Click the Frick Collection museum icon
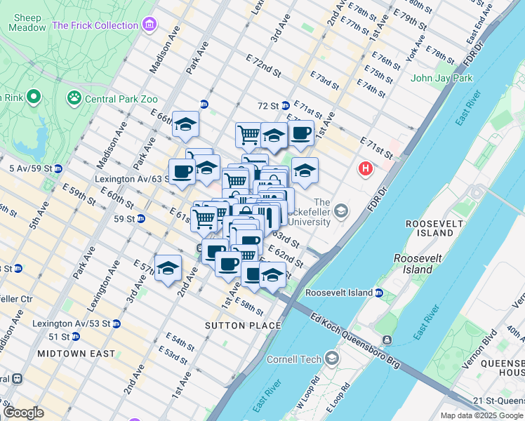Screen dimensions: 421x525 coord(148,26)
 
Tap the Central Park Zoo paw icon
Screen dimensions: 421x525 coord(74,98)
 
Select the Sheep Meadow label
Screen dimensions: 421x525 coord(27,22)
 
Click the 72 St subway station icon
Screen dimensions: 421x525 coord(286,106)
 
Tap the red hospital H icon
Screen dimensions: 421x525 coord(365,168)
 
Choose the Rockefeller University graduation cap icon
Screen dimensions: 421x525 coord(340,210)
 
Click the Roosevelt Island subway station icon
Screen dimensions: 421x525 coord(378,292)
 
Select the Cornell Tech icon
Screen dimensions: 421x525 coord(331,359)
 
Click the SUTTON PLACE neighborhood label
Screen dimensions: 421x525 coord(243,326)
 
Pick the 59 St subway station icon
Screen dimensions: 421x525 coord(140,218)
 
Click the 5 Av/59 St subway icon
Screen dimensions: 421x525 coord(58,168)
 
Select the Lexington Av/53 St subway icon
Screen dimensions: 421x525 coord(117,323)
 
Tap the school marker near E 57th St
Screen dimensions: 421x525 coord(168,267)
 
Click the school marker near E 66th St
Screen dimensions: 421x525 coord(185,124)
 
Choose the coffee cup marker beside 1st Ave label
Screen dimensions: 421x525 coord(300,132)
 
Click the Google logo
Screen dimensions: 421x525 coord(24,413)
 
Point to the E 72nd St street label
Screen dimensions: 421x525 coord(263,67)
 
